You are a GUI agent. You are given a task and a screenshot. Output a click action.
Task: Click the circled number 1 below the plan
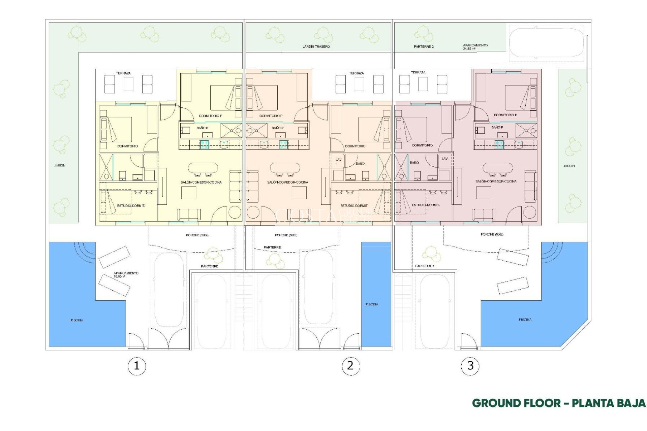(x=136, y=366)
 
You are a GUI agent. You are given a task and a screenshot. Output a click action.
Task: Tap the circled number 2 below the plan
(x=350, y=366)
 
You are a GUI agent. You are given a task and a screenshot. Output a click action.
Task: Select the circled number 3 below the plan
(x=470, y=366)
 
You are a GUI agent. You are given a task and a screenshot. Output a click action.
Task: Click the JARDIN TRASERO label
(x=316, y=46)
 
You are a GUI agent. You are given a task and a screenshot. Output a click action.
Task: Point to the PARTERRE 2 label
(x=424, y=46)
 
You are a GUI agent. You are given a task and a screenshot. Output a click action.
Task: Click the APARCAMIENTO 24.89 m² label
(x=475, y=47)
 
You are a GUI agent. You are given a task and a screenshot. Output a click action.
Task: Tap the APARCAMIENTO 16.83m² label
(x=126, y=274)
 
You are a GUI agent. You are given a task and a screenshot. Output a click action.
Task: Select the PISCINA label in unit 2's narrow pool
(x=372, y=304)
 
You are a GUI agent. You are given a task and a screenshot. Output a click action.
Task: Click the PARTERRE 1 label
(x=425, y=266)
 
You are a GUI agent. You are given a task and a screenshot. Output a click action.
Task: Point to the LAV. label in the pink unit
(x=445, y=159)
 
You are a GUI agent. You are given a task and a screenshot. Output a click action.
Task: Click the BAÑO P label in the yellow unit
(x=202, y=128)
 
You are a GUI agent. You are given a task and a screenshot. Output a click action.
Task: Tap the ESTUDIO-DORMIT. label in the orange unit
(x=354, y=205)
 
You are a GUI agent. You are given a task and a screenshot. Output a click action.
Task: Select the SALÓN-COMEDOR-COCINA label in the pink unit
(x=496, y=181)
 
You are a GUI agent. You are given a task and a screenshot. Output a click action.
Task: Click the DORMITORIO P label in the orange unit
(x=271, y=116)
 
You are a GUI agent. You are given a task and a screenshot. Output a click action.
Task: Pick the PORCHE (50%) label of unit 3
(x=492, y=234)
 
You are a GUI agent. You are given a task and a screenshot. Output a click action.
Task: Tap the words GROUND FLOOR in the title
(x=516, y=403)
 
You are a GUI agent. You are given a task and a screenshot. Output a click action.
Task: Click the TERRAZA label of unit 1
(x=123, y=73)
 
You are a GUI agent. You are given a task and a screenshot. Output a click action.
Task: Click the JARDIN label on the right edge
(x=569, y=166)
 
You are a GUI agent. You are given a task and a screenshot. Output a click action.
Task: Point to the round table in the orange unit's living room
(x=253, y=212)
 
